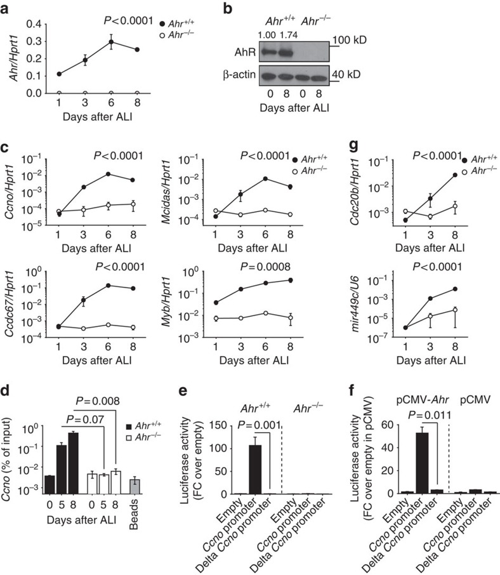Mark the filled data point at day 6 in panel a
[x=112, y=43]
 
